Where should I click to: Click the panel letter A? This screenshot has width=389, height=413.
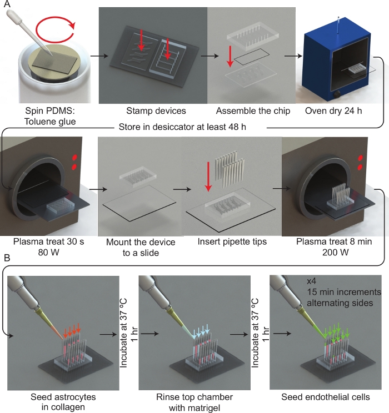click(7, 4)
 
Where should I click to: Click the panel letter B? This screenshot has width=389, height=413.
click(7, 258)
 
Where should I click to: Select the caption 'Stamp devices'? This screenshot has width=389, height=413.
click(156, 110)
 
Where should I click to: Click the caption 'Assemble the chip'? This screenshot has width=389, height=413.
click(253, 110)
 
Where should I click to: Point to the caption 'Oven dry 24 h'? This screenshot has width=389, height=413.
click(333, 110)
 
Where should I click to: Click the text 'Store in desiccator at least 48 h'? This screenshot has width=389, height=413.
click(182, 127)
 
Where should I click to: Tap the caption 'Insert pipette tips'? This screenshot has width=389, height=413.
click(232, 241)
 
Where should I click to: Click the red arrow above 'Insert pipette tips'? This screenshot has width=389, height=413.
click(208, 176)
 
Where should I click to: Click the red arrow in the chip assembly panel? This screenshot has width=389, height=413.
click(230, 57)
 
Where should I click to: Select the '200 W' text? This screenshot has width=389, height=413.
click(335, 253)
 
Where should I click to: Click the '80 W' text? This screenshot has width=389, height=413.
click(48, 253)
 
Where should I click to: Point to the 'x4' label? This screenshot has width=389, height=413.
click(311, 281)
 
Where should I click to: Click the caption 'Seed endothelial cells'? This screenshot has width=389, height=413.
click(326, 397)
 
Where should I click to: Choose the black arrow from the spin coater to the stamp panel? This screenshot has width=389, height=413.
click(99, 56)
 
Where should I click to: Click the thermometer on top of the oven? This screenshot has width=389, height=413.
click(338, 26)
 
